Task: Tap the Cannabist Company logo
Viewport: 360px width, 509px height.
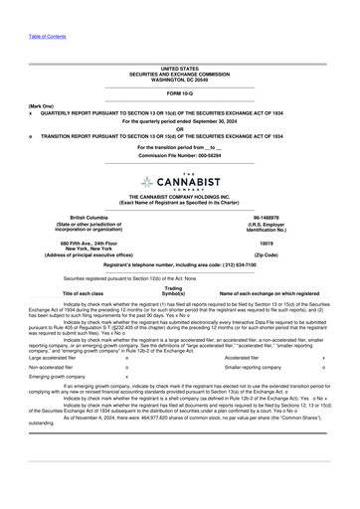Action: pos(179,183)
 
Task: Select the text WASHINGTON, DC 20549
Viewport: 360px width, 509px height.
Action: pos(179,79)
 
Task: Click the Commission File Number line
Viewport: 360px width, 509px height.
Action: pos(179,155)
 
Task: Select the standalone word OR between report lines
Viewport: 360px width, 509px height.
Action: pos(179,129)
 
